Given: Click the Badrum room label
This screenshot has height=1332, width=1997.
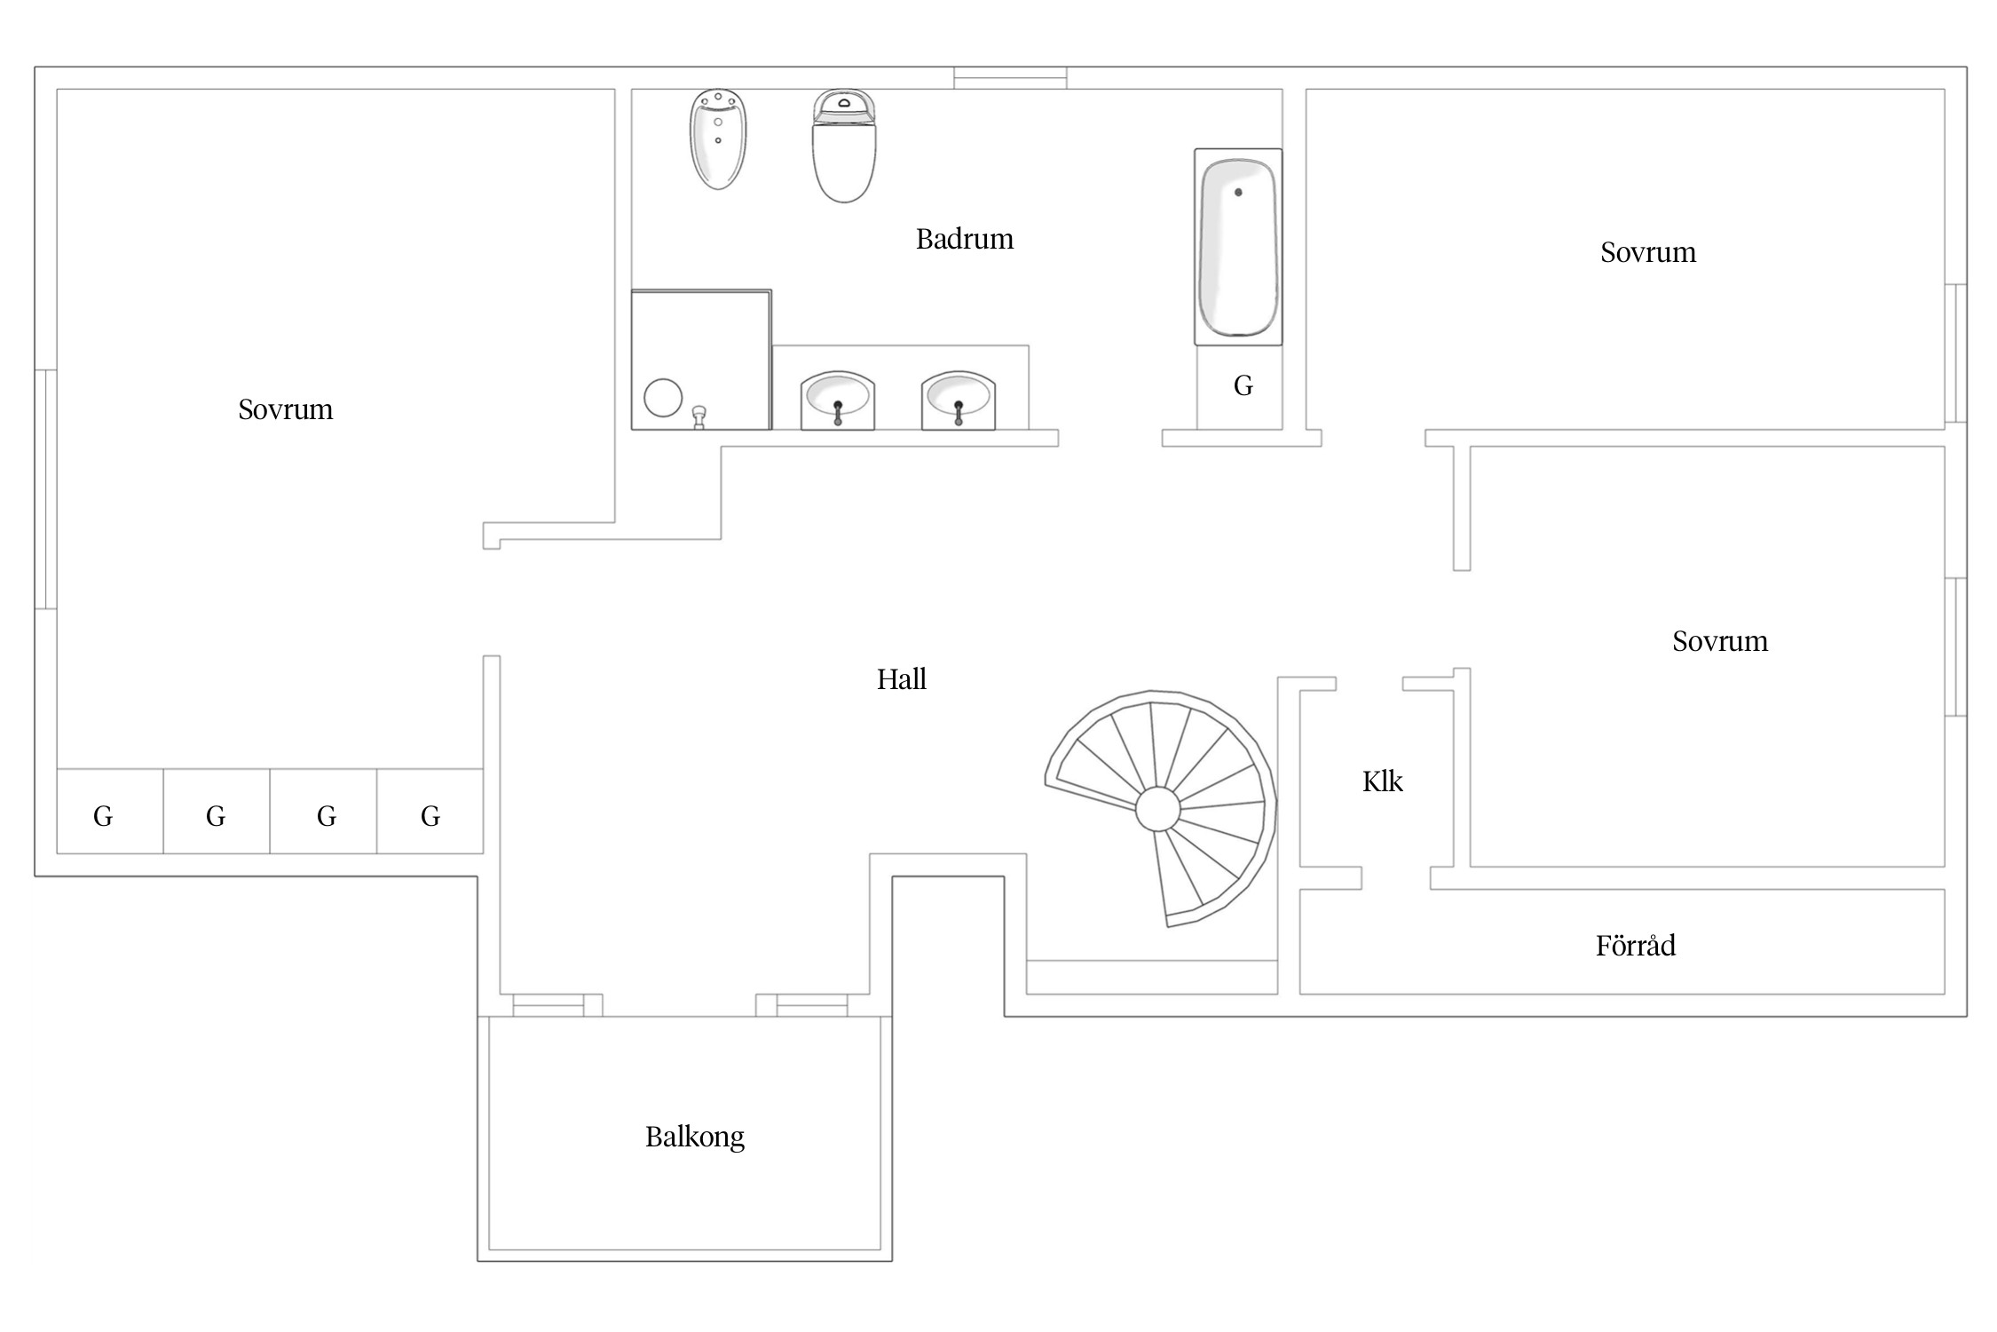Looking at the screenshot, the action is coord(965,239).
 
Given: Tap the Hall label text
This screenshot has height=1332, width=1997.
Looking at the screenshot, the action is coord(902,679).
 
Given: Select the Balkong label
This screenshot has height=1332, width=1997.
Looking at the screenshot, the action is coord(695,1138).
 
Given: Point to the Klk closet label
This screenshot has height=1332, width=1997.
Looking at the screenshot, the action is coord(1383,781).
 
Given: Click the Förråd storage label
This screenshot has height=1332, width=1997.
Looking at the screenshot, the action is coord(1636,945).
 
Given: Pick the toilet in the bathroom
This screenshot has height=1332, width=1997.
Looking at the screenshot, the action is coord(844,146).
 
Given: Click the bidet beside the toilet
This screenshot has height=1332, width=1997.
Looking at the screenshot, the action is coord(718,139).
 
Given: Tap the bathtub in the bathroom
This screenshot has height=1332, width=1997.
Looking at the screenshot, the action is coord(1238,247).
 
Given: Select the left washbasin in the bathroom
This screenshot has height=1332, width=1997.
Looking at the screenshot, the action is coord(838,400).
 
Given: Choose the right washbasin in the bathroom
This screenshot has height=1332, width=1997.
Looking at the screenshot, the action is coord(959,400).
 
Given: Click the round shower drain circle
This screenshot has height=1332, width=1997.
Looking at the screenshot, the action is coord(663,398).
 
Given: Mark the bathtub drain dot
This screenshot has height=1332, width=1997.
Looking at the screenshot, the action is coord(1238,192).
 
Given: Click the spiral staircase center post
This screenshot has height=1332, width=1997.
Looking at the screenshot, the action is coord(1158,809).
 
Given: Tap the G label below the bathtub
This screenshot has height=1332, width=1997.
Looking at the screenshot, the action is coord(1243,385).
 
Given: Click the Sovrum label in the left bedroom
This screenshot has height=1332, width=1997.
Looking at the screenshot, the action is coord(286,409).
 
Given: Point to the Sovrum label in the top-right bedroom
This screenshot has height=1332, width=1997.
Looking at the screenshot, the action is coord(1648,252).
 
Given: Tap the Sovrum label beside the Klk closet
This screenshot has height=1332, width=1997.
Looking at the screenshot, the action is coord(1720,641).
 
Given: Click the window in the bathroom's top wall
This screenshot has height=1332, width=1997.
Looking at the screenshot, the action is coord(1010,78).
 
